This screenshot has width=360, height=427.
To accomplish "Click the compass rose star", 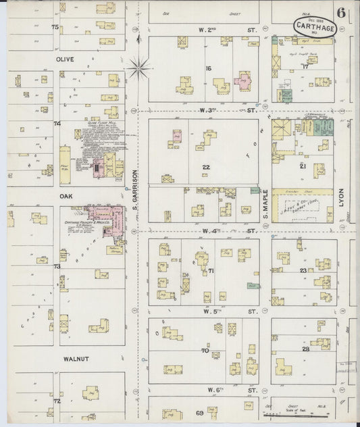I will coord(140,66).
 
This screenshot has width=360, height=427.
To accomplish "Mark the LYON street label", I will coord(342,197).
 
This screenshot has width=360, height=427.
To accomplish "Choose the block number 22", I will coord(205,166).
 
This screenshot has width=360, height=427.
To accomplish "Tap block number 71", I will coord(211,271).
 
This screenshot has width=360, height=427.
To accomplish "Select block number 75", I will coord(55,26).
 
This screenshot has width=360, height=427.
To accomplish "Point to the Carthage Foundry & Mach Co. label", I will coord(88,222).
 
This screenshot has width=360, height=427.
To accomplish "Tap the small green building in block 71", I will coord(253,286).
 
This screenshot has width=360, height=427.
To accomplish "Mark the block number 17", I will coord(305,66).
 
